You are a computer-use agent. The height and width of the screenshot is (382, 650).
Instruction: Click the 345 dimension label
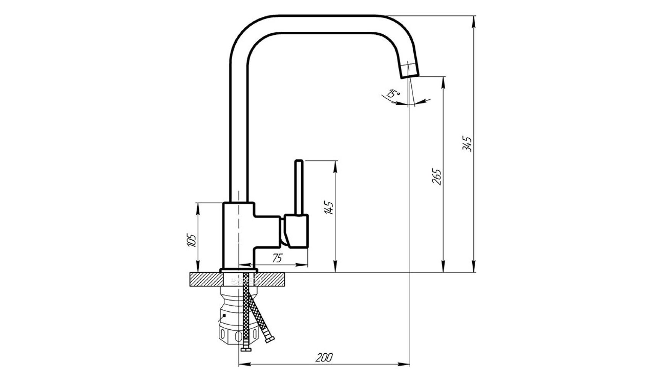[x=467, y=144]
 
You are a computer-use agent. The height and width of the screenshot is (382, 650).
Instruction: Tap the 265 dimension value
[x=437, y=176]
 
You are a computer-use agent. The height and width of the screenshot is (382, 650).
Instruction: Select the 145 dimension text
[x=329, y=207]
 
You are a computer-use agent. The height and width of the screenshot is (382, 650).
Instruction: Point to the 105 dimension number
[x=192, y=240]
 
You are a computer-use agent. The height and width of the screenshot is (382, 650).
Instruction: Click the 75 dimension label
[x=278, y=258]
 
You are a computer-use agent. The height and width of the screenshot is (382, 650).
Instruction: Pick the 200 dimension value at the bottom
[x=324, y=358]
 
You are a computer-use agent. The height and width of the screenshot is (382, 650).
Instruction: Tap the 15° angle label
[x=393, y=93]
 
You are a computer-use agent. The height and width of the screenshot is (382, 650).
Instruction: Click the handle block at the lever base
[x=296, y=231]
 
